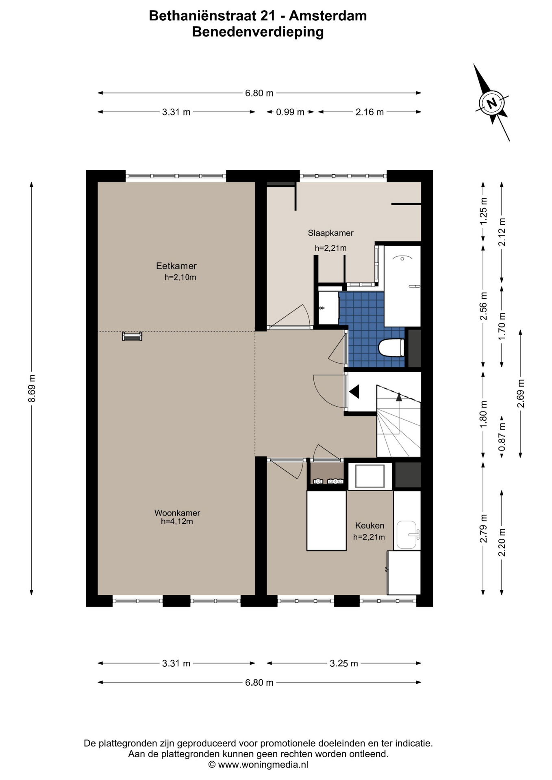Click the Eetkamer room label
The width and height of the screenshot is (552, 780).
coord(176,266)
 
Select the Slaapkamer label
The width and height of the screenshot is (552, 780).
coord(330,233)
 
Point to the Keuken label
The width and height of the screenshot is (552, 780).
coord(369,525)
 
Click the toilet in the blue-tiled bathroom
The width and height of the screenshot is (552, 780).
coord(391,348)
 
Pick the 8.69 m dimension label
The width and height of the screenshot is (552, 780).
coord(32,388)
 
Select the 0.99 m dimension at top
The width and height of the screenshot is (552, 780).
coord(290,112)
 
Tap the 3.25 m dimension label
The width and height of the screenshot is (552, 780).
coord(344,663)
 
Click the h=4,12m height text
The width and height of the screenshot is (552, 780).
coord(177,521)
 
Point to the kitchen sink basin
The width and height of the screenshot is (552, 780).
coord(407,535)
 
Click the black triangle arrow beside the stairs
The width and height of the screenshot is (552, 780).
coord(354,392)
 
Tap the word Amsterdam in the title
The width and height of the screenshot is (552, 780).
coord(328,16)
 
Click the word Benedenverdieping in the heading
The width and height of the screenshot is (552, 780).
coord(258,32)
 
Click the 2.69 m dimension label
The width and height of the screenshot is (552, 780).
coord(521,393)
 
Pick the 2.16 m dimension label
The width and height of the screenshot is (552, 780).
coord(369,112)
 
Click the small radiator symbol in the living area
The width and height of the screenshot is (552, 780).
coord(132,336)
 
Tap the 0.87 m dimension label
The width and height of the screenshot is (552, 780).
coord(502,437)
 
